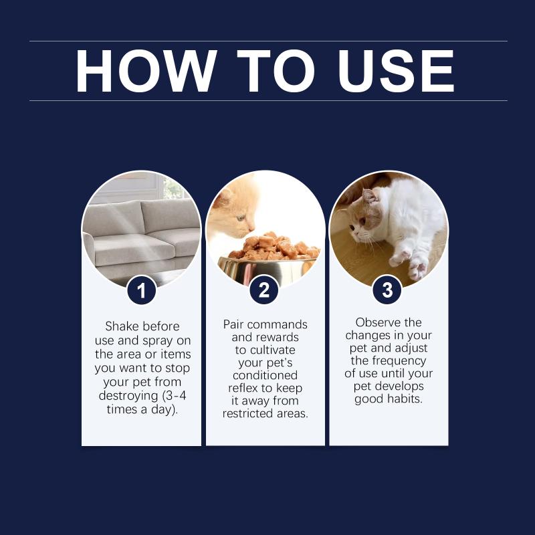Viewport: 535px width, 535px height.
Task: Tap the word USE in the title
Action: (396, 71)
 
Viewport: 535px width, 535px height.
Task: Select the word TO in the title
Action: (276, 71)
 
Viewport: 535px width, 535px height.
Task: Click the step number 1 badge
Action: (141, 291)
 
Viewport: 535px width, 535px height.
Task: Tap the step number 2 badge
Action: (264, 290)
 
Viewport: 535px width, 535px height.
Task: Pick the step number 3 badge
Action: (387, 290)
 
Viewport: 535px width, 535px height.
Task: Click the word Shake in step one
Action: (121, 326)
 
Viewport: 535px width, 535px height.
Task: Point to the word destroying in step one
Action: (128, 396)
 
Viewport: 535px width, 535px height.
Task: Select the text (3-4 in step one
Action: (175, 396)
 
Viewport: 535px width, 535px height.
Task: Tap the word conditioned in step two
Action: (265, 375)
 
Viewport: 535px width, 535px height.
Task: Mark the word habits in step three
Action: (405, 399)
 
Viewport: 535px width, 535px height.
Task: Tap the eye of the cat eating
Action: (241, 218)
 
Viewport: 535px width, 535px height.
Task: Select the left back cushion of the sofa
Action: (114, 219)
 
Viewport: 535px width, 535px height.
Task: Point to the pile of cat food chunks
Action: (275, 245)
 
